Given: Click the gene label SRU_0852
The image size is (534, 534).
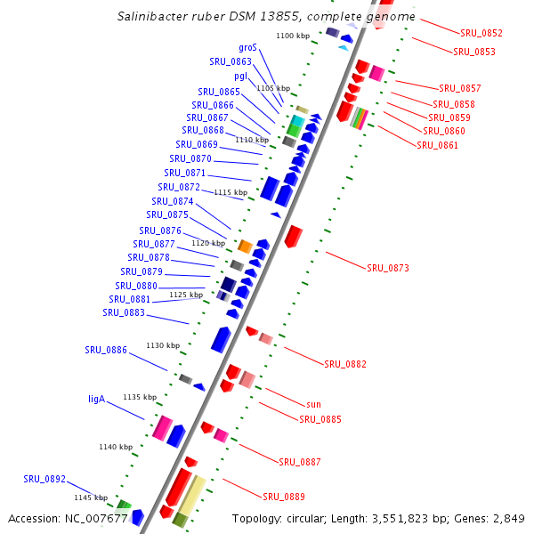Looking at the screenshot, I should [481, 33].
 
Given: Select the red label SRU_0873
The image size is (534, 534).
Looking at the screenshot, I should [388, 268].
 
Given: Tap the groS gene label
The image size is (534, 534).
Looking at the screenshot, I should [247, 47].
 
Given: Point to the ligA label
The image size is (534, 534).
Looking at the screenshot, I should [97, 399].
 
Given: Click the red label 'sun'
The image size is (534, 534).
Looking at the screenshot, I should [312, 404].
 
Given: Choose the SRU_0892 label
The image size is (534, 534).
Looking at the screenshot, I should [44, 479].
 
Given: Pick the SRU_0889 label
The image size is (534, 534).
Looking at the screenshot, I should [284, 496].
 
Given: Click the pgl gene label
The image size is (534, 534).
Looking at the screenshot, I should [240, 77].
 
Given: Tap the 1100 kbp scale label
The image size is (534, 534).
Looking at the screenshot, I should [293, 36].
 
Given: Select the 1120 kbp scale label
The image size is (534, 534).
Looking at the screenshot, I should [208, 243].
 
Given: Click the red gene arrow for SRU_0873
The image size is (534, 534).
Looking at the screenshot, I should [293, 236].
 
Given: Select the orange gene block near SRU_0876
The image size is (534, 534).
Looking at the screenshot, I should [244, 246].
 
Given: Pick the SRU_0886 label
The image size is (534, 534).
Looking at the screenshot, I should [106, 350].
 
